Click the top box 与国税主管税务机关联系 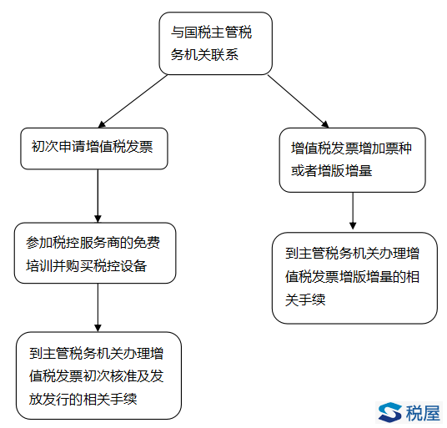[215, 43]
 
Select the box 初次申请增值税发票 [94, 149]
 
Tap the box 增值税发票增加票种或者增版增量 [353, 160]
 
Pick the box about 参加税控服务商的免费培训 [95, 253]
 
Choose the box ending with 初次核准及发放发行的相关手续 [98, 375]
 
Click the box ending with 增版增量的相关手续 [354, 278]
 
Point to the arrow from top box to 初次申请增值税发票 [133, 101]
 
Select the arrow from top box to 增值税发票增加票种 [299, 101]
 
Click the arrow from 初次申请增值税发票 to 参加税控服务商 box [98, 196]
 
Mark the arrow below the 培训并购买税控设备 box [98, 308]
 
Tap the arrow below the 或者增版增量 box [353, 211]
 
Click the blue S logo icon [389, 412]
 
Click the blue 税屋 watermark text [423, 413]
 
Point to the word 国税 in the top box [191, 32]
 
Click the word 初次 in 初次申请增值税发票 [45, 147]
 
